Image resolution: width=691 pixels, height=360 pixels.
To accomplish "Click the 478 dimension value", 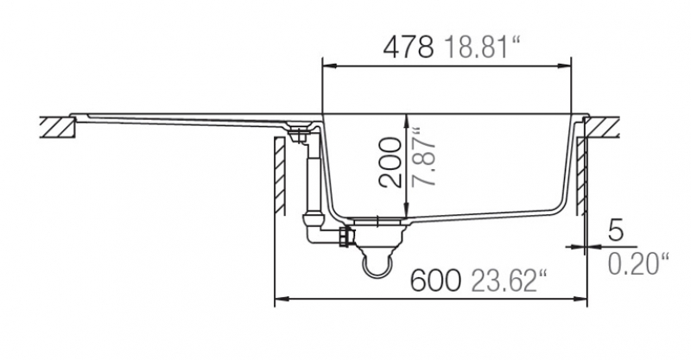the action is (x=409, y=47).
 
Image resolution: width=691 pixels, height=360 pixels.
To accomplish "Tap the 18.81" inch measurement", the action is (x=482, y=47).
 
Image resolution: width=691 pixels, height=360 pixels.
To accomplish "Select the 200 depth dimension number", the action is (x=390, y=163).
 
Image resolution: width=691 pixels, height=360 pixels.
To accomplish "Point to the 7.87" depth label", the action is (x=424, y=157).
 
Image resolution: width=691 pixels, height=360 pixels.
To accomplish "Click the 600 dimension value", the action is (x=435, y=281).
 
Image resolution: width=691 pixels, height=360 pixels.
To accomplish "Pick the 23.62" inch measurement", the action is (x=509, y=281).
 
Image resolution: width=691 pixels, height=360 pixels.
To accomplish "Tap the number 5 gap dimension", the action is (x=616, y=231).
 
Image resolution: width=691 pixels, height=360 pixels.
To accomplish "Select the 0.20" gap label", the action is (x=638, y=263).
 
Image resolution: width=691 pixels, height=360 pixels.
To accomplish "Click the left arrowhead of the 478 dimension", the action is (x=330, y=66).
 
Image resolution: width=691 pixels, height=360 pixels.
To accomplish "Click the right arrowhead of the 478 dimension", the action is (x=564, y=66).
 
